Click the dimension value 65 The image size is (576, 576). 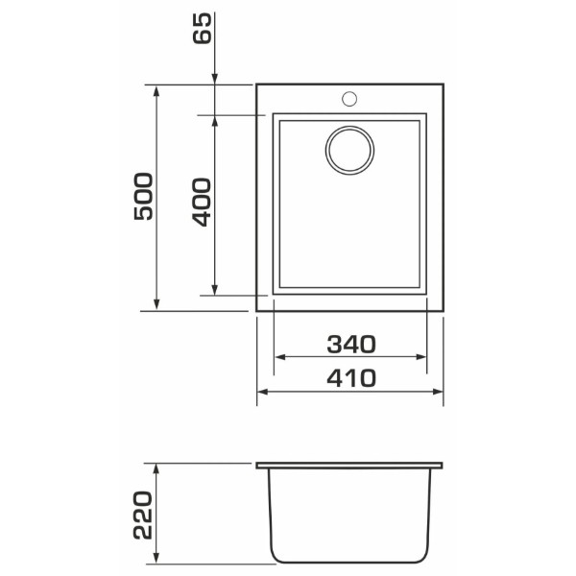[x=203, y=28]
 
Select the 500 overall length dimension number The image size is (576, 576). [x=143, y=197]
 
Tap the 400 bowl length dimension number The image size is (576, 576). [x=202, y=202]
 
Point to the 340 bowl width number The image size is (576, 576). [x=351, y=345]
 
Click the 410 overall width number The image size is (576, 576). [x=351, y=378]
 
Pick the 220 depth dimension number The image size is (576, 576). [x=142, y=515]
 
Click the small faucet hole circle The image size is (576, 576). [x=349, y=99]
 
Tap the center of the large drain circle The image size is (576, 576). [x=349, y=151]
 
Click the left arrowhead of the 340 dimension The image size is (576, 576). [x=280, y=357]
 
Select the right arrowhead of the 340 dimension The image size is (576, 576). [x=420, y=357]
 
